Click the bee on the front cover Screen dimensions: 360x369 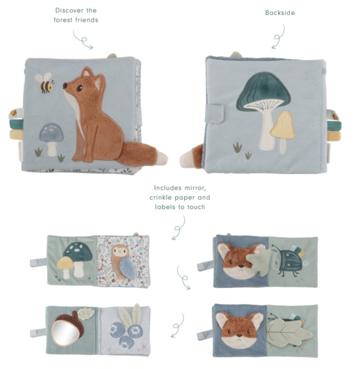pyautogui.click(x=45, y=83)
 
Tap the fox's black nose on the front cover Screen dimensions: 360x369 pyautogui.click(x=64, y=86)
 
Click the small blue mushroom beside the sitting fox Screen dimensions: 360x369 pyautogui.click(x=51, y=139)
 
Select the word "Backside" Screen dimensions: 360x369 pyautogui.click(x=280, y=13)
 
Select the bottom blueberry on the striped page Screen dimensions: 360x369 pyautogui.click(x=125, y=342)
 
